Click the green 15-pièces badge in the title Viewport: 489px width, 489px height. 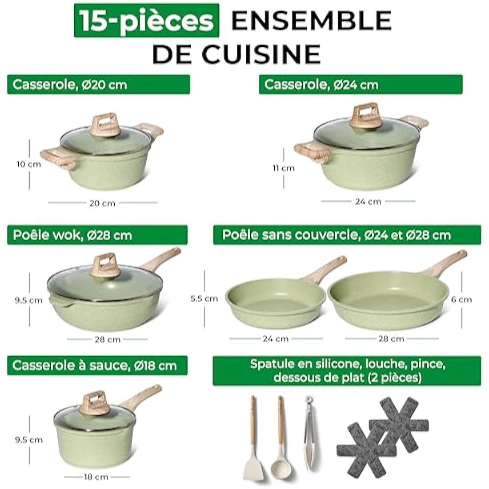pos(147,20)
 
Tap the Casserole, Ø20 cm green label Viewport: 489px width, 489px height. pos(98,84)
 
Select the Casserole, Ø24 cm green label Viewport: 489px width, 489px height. pos(361,84)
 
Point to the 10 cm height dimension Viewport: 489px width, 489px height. pos(29,164)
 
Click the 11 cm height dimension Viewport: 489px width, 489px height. pos(284,168)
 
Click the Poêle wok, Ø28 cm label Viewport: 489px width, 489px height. pos(97,235)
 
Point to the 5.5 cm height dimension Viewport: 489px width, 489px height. pos(204,299)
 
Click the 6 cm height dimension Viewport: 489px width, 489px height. pos(461,300)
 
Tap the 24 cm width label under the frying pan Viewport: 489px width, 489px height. pos(276,339)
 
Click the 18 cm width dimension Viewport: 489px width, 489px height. pos(96,477)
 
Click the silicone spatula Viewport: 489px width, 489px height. pos(253,440)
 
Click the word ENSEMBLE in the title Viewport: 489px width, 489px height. pos(311,20)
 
